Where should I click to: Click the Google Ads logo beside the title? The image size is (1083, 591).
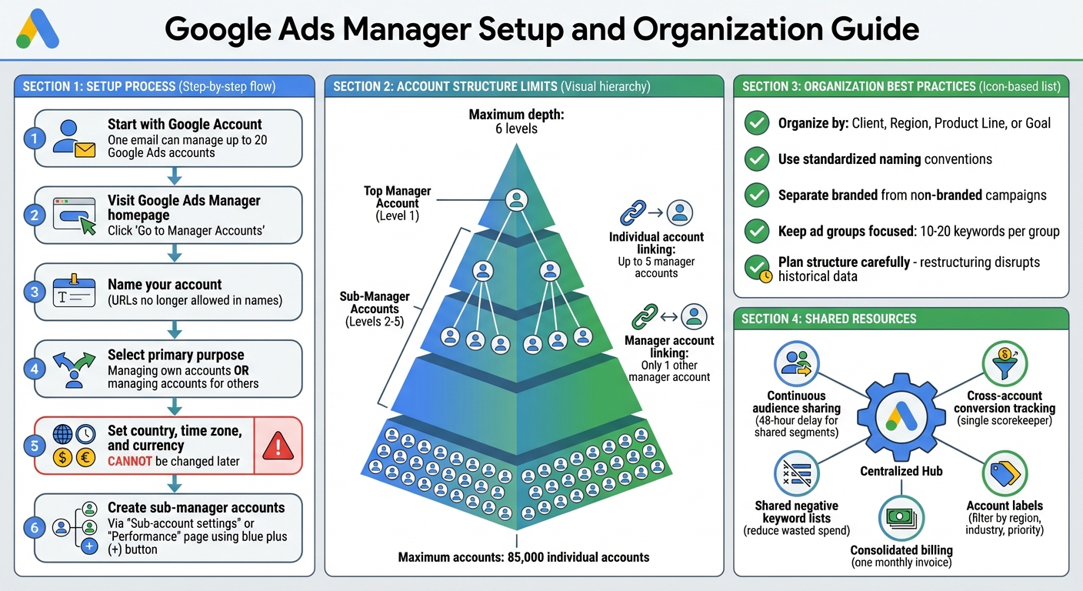[x=38, y=30]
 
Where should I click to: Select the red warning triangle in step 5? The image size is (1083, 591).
[x=278, y=446]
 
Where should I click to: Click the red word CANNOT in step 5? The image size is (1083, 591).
[x=129, y=462]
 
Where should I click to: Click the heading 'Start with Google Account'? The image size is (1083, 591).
[x=185, y=125]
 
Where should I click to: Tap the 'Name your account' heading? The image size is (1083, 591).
[x=165, y=285]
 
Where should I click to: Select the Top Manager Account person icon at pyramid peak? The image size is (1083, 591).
[x=517, y=202]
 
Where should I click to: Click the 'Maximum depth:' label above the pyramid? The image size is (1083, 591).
[x=515, y=115]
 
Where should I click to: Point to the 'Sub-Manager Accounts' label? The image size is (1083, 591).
[x=375, y=302]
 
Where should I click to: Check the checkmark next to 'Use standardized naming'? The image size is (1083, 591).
[x=758, y=159]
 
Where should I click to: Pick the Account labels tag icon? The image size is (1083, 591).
[x=1005, y=473]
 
